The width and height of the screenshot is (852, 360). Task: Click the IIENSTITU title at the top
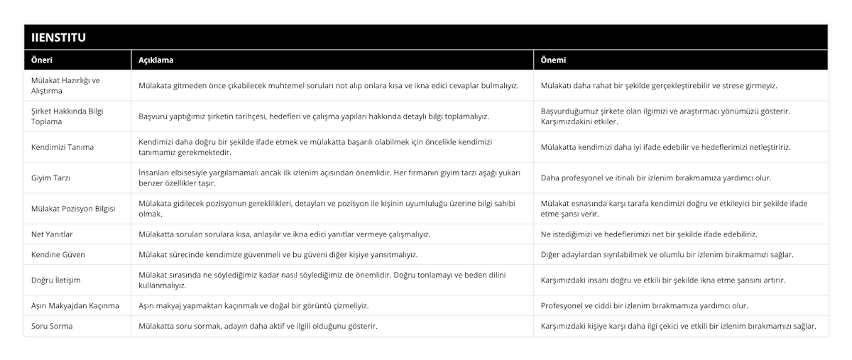pyautogui.click(x=57, y=37)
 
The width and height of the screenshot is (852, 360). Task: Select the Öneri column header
pyautogui.click(x=43, y=60)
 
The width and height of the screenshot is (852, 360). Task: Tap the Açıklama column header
pyautogui.click(x=156, y=60)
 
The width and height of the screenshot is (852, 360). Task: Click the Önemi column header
pyautogui.click(x=554, y=60)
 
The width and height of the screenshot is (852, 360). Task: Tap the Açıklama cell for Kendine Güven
pyautogui.click(x=278, y=254)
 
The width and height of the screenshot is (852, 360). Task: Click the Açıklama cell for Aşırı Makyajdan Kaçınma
pyautogui.click(x=253, y=305)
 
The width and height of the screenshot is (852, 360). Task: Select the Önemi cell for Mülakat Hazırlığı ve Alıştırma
pyautogui.click(x=659, y=85)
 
